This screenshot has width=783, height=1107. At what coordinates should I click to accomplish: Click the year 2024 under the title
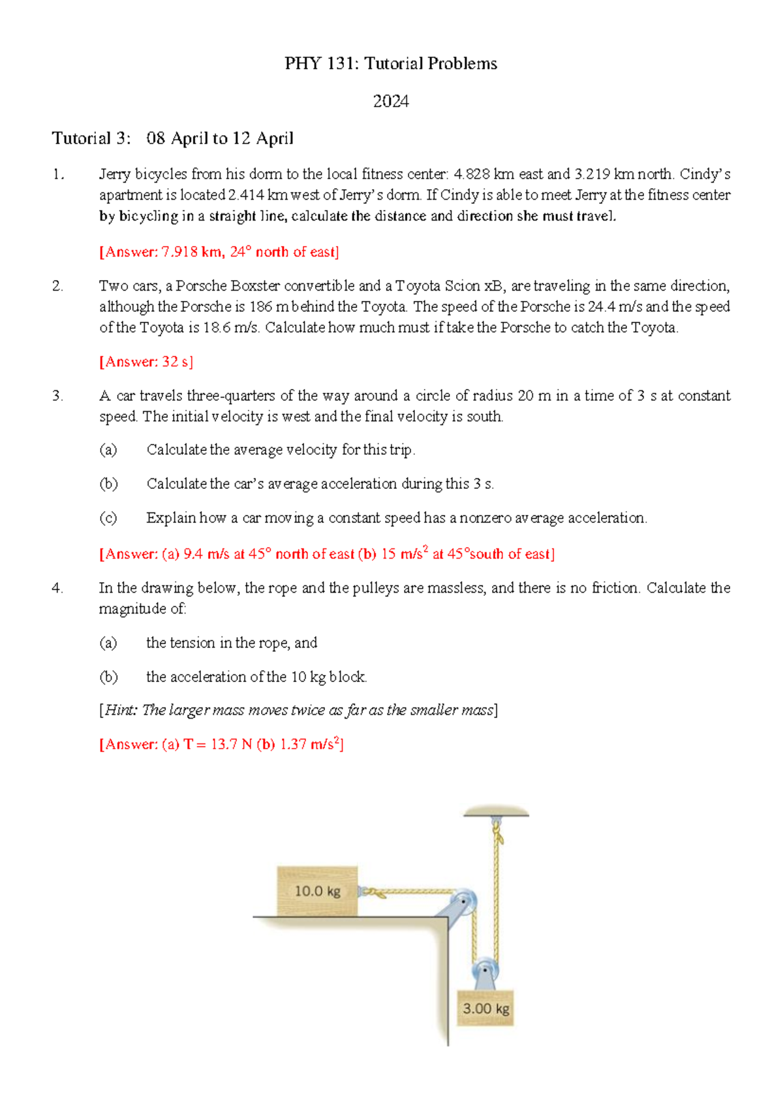click(x=391, y=101)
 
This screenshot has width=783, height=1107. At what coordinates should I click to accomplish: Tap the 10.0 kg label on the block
click(x=317, y=891)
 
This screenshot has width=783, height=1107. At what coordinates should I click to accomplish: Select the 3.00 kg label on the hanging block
click(x=485, y=1008)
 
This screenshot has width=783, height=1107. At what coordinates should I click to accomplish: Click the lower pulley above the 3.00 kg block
click(x=485, y=971)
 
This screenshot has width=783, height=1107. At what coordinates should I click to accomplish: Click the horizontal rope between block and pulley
click(x=411, y=892)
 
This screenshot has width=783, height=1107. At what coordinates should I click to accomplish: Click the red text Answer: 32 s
click(x=146, y=362)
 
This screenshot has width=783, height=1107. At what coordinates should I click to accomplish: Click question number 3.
click(x=57, y=396)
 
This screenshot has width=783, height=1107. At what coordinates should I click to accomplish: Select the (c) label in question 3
click(x=108, y=518)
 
